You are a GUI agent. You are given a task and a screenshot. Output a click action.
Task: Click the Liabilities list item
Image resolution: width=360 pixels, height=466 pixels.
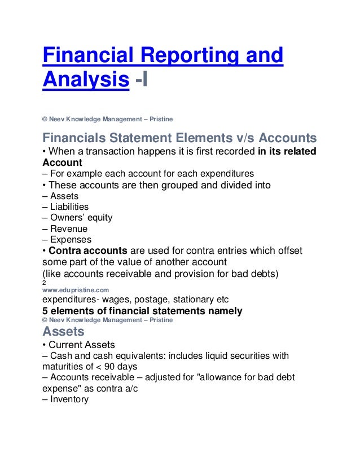click(x=69, y=206)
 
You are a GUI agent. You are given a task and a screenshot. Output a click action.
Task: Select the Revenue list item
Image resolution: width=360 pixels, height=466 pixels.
click(x=68, y=228)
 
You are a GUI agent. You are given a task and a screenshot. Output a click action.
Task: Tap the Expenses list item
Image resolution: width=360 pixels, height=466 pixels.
click(x=71, y=240)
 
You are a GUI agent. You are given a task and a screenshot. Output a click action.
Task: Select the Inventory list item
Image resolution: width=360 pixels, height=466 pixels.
click(x=69, y=399)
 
